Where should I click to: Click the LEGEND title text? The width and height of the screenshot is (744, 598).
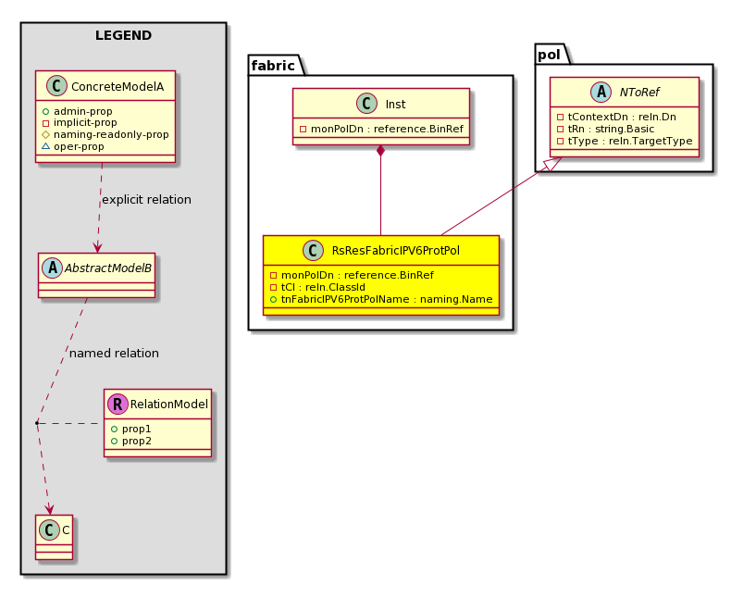pyautogui.click(x=123, y=35)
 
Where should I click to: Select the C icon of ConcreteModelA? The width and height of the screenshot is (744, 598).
pyautogui.click(x=57, y=86)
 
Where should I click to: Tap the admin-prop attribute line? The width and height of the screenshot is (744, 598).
pyautogui.click(x=78, y=111)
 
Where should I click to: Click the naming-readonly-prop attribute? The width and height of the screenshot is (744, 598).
pyautogui.click(x=105, y=134)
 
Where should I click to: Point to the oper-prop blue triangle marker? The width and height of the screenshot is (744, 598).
pyautogui.click(x=45, y=146)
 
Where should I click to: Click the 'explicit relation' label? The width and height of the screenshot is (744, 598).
pyautogui.click(x=146, y=199)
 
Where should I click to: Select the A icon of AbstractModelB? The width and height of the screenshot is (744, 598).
pyautogui.click(x=52, y=268)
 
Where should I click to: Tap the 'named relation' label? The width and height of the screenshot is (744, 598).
pyautogui.click(x=114, y=353)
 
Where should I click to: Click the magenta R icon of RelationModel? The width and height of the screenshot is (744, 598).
pyautogui.click(x=118, y=404)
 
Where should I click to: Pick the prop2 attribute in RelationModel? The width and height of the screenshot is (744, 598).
pyautogui.click(x=131, y=441)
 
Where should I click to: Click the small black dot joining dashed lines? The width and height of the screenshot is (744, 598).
pyautogui.click(x=37, y=422)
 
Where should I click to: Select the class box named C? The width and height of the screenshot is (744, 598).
pyautogui.click(x=54, y=537)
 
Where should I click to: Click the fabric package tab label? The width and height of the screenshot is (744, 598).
pyautogui.click(x=273, y=65)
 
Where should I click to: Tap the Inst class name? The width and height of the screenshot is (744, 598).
pyautogui.click(x=395, y=105)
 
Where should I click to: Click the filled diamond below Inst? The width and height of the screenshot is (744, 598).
pyautogui.click(x=380, y=151)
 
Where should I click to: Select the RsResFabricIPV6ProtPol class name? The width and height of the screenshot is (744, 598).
pyautogui.click(x=396, y=251)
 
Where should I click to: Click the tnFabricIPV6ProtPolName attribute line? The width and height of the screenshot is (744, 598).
pyautogui.click(x=381, y=300)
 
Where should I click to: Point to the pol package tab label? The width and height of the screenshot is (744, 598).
pyautogui.click(x=550, y=55)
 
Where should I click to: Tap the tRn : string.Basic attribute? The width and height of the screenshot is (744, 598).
pyautogui.click(x=606, y=129)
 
